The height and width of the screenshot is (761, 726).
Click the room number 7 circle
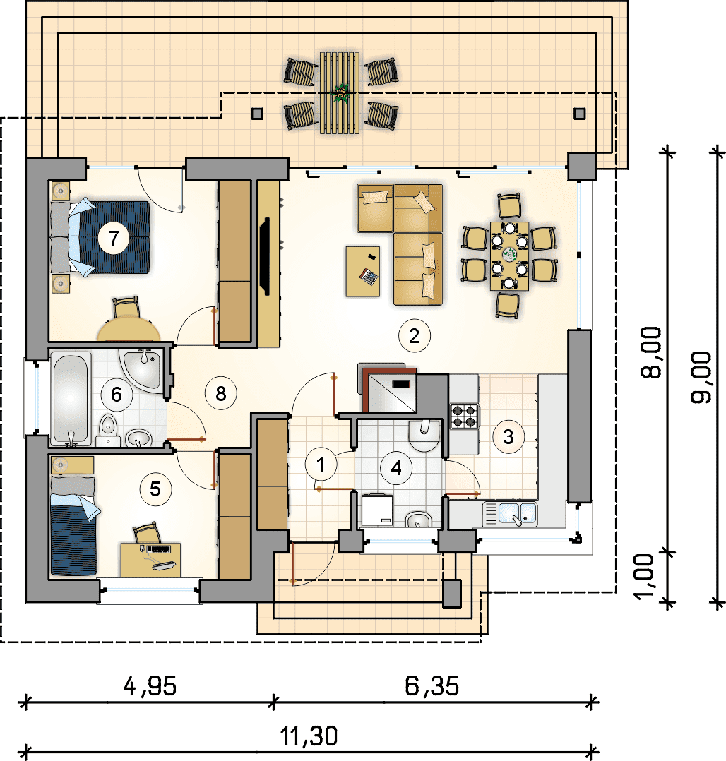pyautogui.click(x=114, y=239)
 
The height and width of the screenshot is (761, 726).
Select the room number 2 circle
pyautogui.click(x=415, y=336)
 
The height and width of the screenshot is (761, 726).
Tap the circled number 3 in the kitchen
pyautogui.click(x=508, y=436)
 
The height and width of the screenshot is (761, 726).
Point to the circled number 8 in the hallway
pyautogui.click(x=221, y=393)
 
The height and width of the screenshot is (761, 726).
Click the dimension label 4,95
pyautogui.click(x=150, y=686)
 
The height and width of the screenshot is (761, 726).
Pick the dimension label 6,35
pyautogui.click(x=432, y=686)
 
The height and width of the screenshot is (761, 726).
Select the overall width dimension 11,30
pyautogui.click(x=309, y=736)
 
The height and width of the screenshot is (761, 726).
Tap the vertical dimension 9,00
pyautogui.click(x=701, y=377)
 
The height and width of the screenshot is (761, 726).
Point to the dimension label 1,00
pyautogui.click(x=645, y=577)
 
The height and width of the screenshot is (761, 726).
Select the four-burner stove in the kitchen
pyautogui.click(x=464, y=417)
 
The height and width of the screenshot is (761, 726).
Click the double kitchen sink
pyautogui.click(x=510, y=514)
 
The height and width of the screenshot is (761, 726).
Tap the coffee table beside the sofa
pyautogui.click(x=363, y=271)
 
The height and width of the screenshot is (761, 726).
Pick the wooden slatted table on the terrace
pyautogui.click(x=340, y=92)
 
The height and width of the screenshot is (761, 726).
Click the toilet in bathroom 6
pyautogui.click(x=108, y=429)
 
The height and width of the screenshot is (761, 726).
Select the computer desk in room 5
pyautogui.click(x=150, y=560)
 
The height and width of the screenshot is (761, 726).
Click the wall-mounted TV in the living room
pyautogui.click(x=265, y=256)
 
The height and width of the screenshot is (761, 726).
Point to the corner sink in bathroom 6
pyautogui.click(x=141, y=368)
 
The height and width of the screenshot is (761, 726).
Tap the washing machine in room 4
pyautogui.click(x=377, y=510)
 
